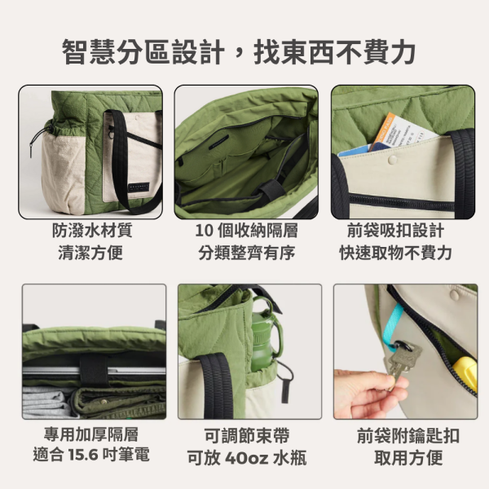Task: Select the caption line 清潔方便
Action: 90,253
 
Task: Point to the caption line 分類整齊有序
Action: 245,253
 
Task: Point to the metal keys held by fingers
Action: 403,359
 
